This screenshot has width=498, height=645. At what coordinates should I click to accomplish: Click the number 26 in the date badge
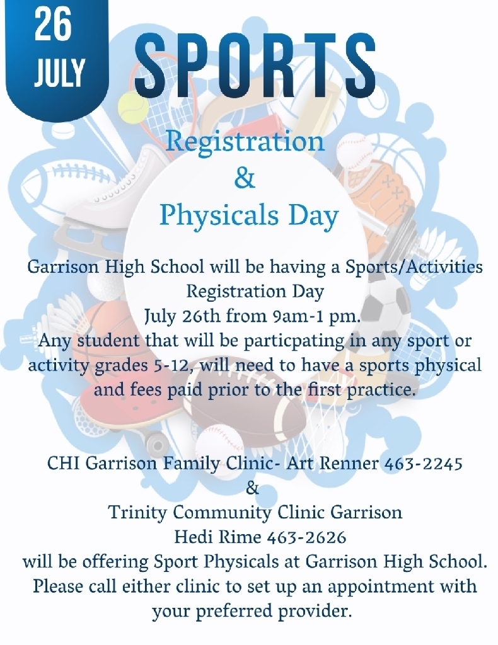tap(53, 25)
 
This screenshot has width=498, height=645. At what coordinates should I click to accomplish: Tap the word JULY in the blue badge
tap(59, 73)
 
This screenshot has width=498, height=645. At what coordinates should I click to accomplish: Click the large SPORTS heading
tap(255, 65)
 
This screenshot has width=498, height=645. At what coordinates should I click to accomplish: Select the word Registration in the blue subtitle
tap(245, 142)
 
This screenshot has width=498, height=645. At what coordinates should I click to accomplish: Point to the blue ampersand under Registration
tap(245, 178)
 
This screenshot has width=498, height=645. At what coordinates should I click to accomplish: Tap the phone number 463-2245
tap(424, 463)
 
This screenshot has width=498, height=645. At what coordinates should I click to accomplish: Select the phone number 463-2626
tap(306, 537)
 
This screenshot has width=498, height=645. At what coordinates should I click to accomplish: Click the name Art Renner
tap(333, 463)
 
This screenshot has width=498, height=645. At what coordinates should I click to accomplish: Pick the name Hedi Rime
tap(218, 537)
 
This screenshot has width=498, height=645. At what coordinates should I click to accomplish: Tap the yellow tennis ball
tap(132, 110)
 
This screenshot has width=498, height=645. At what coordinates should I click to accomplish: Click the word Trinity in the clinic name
tap(137, 513)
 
